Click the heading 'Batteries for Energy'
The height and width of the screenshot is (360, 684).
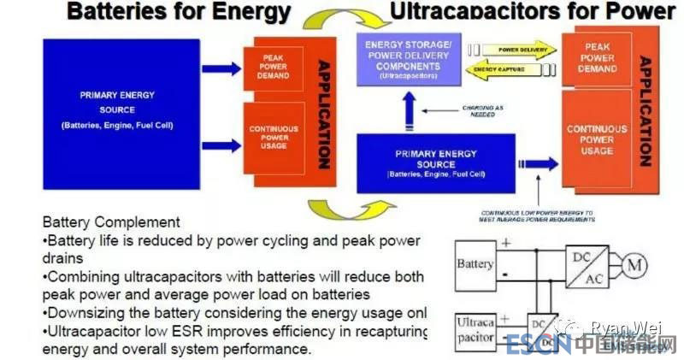click(x=179, y=11)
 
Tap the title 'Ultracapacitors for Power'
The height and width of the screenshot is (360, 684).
click(x=532, y=11)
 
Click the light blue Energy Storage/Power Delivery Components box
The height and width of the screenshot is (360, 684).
click(x=409, y=58)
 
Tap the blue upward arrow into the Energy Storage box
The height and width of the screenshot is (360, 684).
click(x=409, y=106)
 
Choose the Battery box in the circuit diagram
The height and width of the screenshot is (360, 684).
click(x=475, y=264)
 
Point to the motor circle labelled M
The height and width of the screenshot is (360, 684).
click(x=634, y=266)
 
